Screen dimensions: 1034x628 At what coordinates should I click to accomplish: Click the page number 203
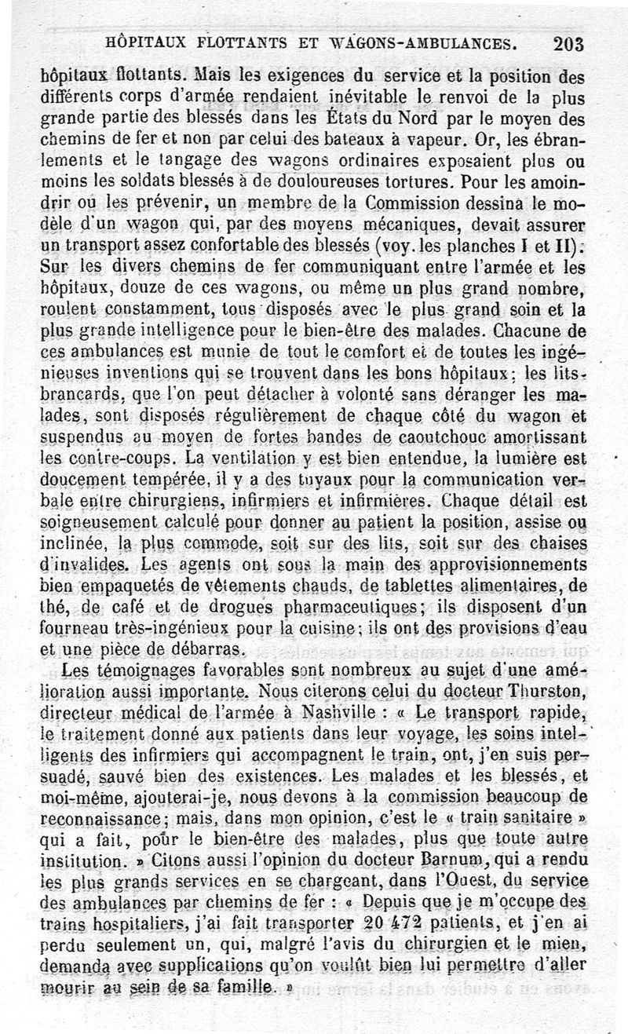coord(568,44)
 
